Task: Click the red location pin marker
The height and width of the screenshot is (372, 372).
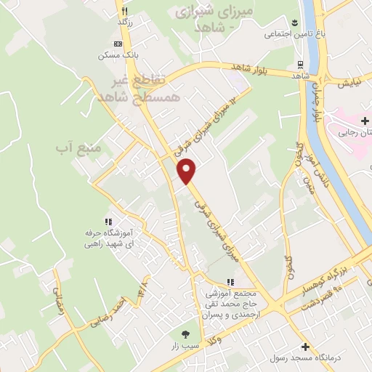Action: [x=187, y=171]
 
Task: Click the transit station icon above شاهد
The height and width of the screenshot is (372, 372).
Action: [x=300, y=63]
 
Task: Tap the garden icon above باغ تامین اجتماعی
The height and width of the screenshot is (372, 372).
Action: [x=295, y=23]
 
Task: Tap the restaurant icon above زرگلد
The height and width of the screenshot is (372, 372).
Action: [x=125, y=11]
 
